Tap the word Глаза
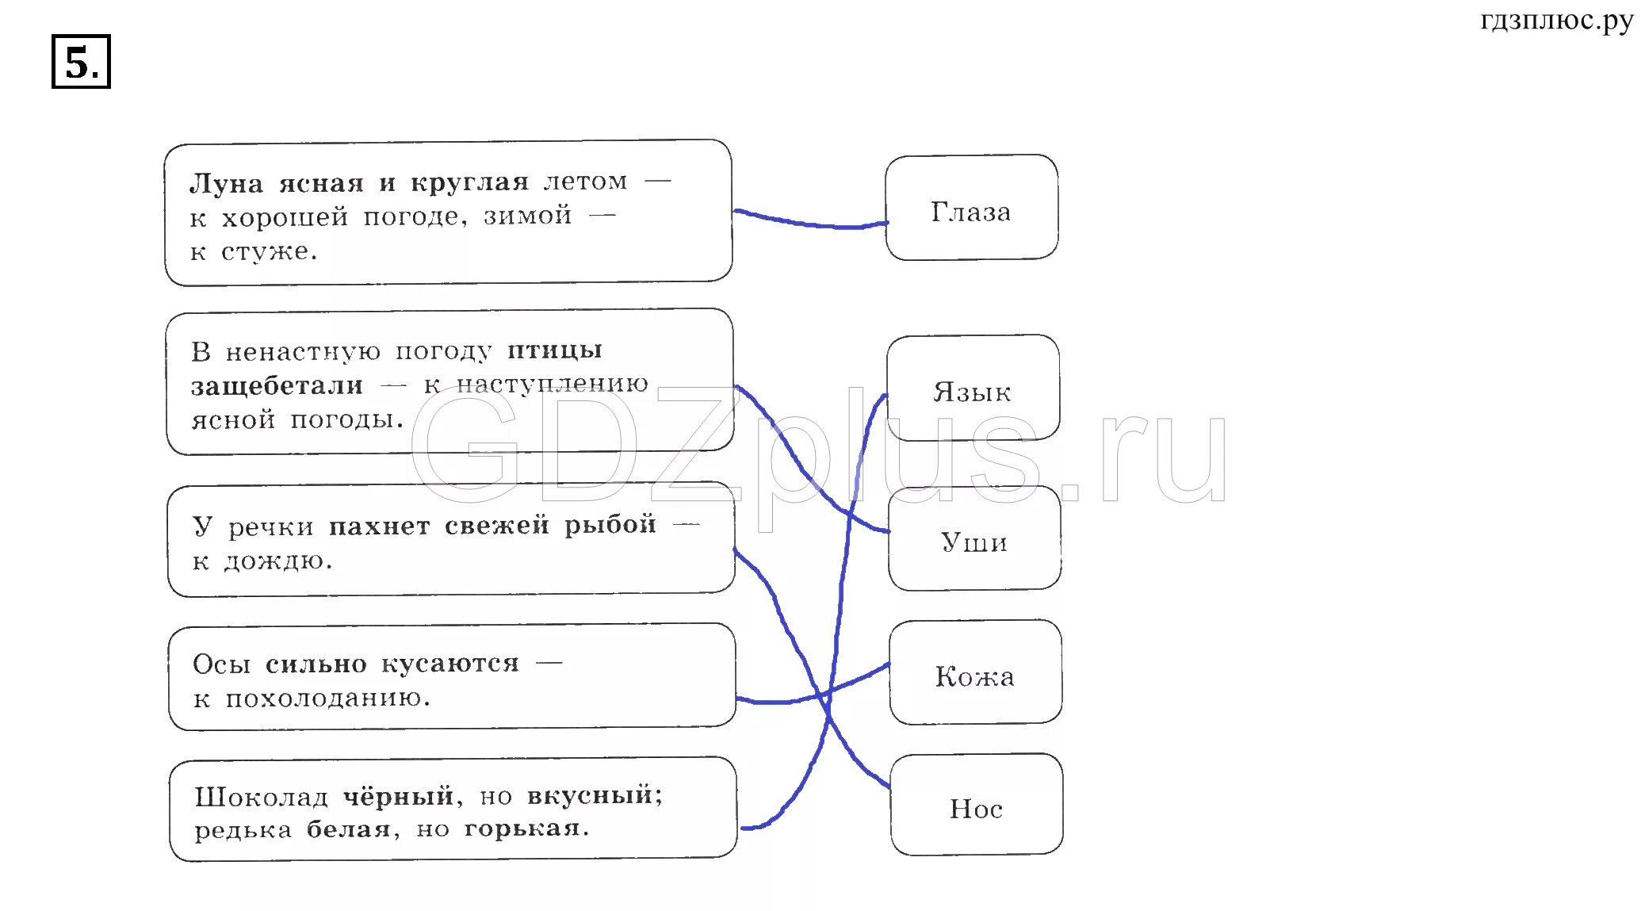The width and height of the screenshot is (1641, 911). pos(970,212)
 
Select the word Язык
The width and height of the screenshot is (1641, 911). pos(972,392)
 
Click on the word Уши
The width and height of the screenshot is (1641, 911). pos(974,542)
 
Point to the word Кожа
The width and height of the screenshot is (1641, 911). pos(974,676)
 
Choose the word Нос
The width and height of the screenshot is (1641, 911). pos(976,809)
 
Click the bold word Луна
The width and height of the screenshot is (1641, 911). pos(226,184)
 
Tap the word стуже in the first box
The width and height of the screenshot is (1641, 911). pos(268,252)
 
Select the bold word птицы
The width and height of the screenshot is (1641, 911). pos(555,350)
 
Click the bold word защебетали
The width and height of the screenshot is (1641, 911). pos(277,386)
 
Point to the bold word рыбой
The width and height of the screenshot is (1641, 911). pos(610,525)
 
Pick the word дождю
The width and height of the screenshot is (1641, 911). pos(277,561)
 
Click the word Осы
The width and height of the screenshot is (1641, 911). pos(221,664)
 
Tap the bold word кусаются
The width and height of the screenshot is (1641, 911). pos(450,663)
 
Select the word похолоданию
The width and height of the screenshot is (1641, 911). pos(327,699)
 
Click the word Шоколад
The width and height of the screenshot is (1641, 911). pos(261,797)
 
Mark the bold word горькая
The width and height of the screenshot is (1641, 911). pos(526,829)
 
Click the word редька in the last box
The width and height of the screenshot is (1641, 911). pos(243,830)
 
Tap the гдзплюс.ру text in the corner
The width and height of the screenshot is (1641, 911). pos(1556,21)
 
